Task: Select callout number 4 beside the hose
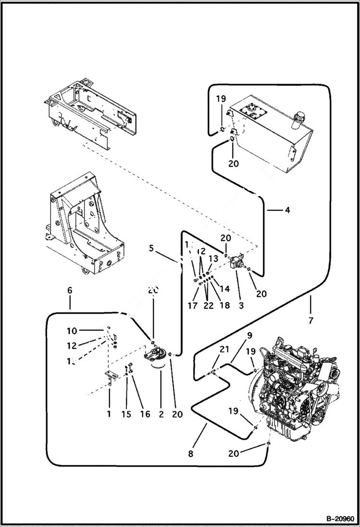[x=286, y=210]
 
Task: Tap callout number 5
[x=151, y=249]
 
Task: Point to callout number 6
[x=70, y=291]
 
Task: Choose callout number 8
[x=191, y=453]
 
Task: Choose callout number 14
[x=223, y=290]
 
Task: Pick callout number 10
[x=72, y=331]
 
